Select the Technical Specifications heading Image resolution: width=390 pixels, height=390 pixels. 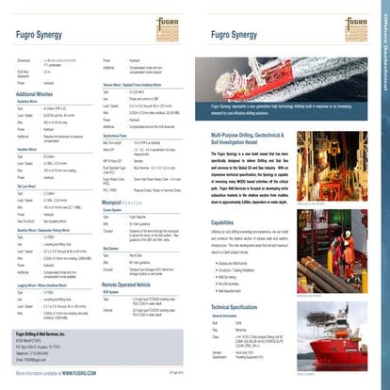tap(246, 307)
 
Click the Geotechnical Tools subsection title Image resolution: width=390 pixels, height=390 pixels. tap(120, 108)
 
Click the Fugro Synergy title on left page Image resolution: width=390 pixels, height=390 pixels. tap(32, 38)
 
